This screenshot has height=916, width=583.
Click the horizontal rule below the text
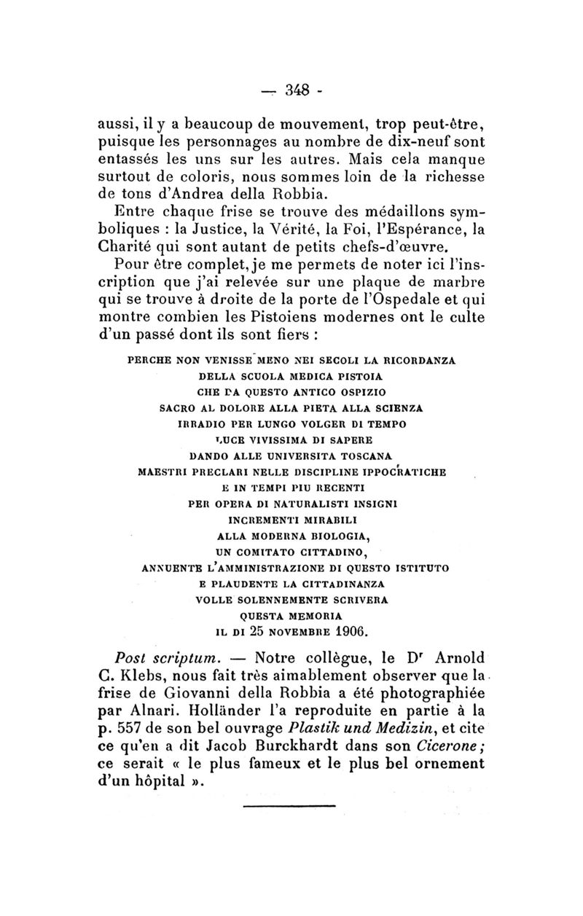(x=289, y=805)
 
